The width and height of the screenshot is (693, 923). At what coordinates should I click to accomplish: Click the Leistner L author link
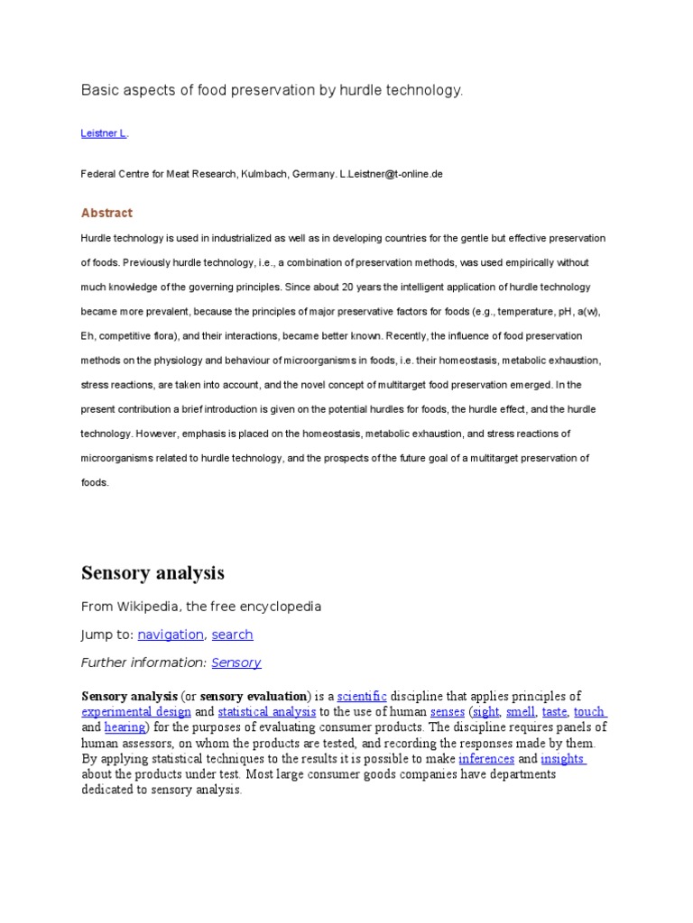(x=103, y=133)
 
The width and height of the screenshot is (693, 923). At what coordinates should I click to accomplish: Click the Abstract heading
(x=106, y=213)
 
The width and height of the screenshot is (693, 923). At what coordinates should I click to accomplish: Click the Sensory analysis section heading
(x=152, y=573)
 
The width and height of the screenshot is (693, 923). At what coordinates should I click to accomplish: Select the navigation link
(x=171, y=635)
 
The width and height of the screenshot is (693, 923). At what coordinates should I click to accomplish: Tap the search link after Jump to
(x=232, y=635)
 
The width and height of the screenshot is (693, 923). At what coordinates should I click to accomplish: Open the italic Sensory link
(x=236, y=663)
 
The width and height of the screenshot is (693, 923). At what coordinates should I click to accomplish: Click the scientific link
(x=362, y=697)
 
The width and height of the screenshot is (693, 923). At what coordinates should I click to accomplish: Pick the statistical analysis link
(x=267, y=712)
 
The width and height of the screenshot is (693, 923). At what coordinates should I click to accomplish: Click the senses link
(x=448, y=712)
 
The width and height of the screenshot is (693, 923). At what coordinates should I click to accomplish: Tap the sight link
(x=485, y=712)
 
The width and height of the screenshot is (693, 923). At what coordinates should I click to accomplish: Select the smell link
(x=521, y=712)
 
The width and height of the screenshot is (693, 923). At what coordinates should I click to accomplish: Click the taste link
(x=554, y=712)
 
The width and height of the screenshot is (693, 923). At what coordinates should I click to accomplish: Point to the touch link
(x=589, y=712)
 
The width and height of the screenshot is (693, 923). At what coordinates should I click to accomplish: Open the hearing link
(x=125, y=727)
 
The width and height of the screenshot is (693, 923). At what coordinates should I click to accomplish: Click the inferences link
(x=486, y=759)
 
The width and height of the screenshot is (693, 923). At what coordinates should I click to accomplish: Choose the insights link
(x=563, y=759)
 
